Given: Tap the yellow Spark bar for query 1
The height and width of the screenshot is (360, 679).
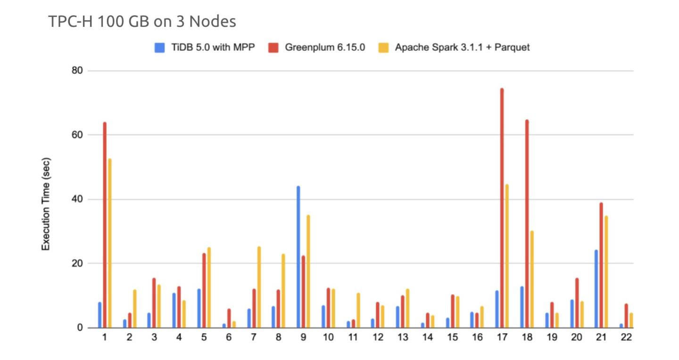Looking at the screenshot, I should pyautogui.click(x=110, y=243).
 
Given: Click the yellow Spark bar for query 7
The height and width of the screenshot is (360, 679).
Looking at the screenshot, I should pyautogui.click(x=259, y=287).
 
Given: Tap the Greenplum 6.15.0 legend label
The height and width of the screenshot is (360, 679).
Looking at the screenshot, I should pyautogui.click(x=325, y=48).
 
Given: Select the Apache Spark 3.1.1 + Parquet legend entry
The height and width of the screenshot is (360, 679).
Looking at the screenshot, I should pyautogui.click(x=462, y=48).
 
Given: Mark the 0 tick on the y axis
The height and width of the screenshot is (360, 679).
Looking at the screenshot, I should pyautogui.click(x=80, y=328).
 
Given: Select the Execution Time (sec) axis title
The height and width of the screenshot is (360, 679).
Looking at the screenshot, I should pyautogui.click(x=46, y=204).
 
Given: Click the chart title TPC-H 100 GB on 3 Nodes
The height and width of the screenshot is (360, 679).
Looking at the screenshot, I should pyautogui.click(x=142, y=22).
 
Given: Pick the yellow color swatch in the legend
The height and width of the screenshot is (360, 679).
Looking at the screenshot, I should pyautogui.click(x=384, y=48).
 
